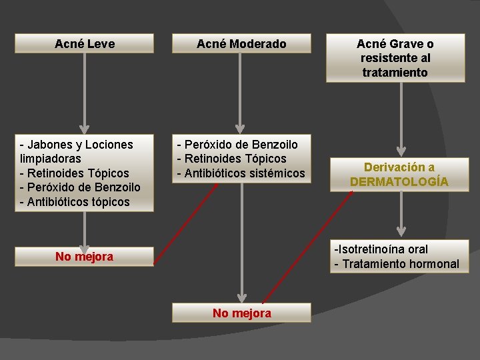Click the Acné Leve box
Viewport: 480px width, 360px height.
84,44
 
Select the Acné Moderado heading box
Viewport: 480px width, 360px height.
241,44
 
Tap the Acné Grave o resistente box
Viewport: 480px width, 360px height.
395,58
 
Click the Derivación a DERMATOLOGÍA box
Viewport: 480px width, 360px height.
399,174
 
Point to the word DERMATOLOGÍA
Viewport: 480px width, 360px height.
399,181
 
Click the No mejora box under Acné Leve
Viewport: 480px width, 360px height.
84,257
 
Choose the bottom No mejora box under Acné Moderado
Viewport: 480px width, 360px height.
241,313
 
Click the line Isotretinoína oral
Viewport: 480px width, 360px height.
382,249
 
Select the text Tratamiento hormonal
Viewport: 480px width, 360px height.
401,264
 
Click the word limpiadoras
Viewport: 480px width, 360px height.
51,159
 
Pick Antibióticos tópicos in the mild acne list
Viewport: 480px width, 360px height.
78,202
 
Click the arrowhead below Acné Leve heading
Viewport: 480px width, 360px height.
84,129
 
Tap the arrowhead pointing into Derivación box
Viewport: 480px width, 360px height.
401,151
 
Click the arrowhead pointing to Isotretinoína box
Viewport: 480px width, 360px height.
401,231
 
